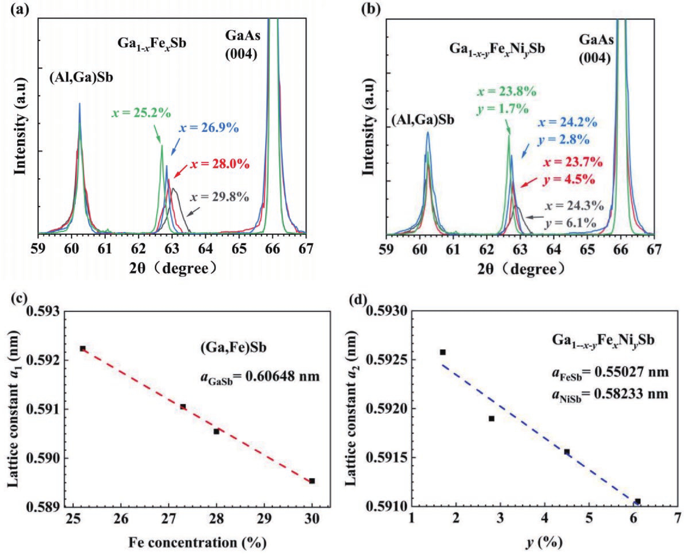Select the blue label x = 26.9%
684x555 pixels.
[208, 128]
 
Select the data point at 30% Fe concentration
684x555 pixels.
[312, 490]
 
